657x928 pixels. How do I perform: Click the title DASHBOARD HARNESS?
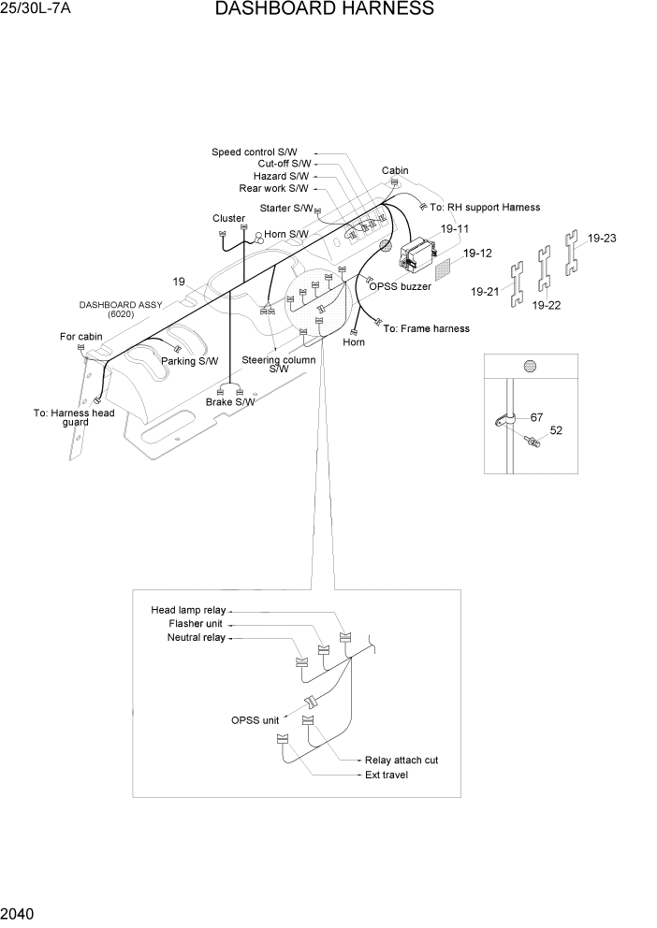(324, 10)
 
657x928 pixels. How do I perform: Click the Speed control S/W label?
(255, 152)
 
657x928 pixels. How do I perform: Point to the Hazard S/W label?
(281, 177)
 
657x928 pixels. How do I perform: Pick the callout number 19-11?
(454, 229)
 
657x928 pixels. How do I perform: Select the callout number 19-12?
(477, 254)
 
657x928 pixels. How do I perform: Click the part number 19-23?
(602, 239)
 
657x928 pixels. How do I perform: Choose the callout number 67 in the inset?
(536, 417)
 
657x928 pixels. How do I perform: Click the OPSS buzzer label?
(400, 287)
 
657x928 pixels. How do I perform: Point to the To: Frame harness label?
(427, 329)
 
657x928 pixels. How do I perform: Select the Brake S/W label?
(230, 402)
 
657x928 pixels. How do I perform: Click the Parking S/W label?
(189, 361)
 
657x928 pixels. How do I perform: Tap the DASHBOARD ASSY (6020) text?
(120, 310)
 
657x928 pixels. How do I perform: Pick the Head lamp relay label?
(188, 610)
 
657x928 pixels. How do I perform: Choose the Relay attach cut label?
(401, 761)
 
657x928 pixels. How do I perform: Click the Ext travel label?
(387, 775)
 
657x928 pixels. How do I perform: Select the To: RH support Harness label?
(485, 208)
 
